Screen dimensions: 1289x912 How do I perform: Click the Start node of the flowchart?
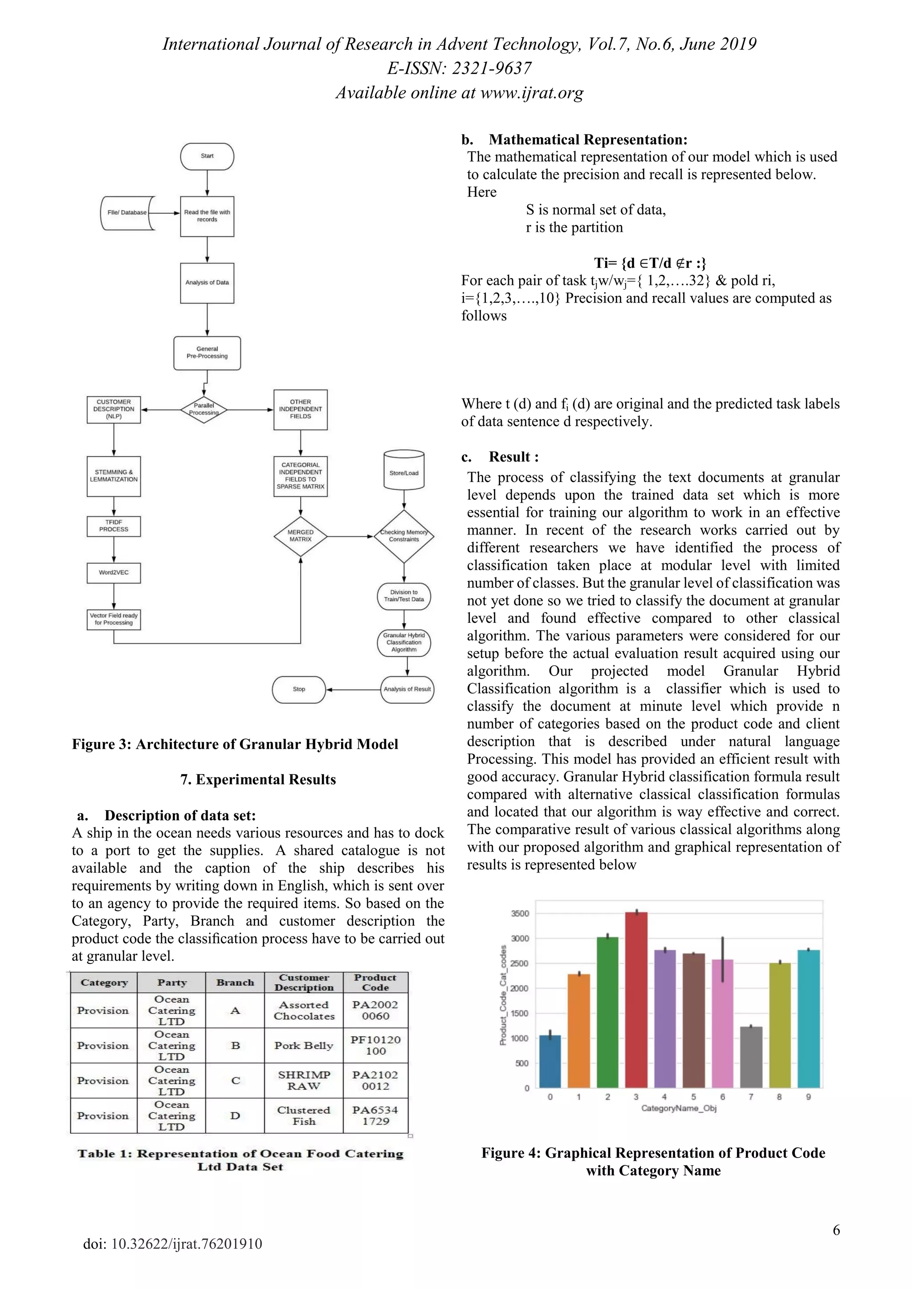click(x=207, y=156)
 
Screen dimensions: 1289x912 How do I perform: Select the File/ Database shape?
click(x=127, y=213)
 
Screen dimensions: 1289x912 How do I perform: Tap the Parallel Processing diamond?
click(x=204, y=409)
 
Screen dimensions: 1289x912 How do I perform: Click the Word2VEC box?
click(x=114, y=573)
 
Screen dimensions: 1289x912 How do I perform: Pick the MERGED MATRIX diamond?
click(x=301, y=536)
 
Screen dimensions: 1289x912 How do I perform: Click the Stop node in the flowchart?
click(x=299, y=689)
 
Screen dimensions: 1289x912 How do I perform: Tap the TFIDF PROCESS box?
click(x=114, y=526)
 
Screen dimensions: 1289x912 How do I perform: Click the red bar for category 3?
click(x=636, y=999)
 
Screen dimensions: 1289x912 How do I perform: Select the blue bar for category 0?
click(x=550, y=1061)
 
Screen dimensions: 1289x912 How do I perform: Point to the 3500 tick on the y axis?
click(x=520, y=913)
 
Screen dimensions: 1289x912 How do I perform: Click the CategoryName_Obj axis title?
click(x=678, y=1108)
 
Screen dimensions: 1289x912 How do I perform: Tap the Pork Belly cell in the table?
click(x=303, y=1046)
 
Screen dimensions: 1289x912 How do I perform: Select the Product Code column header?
click(x=375, y=982)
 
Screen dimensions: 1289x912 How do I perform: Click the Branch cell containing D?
click(x=235, y=1115)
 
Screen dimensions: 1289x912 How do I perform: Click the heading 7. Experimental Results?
click(x=258, y=779)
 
